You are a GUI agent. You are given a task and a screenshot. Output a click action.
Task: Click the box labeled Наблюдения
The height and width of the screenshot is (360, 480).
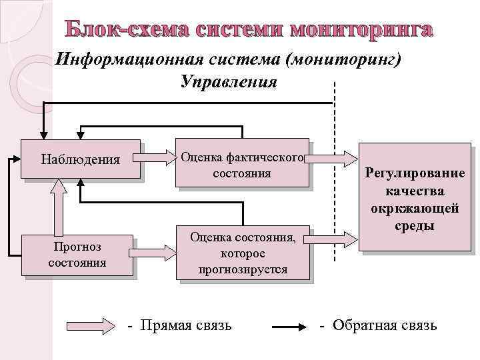coord(81,159)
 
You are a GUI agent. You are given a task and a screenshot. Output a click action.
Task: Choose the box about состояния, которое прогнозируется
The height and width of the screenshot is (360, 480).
coord(243,253)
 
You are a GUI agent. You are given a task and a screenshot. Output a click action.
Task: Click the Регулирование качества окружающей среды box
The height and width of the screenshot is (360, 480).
coord(414,199)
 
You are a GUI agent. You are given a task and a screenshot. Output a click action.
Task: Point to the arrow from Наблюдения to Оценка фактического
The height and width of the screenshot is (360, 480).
coord(158,159)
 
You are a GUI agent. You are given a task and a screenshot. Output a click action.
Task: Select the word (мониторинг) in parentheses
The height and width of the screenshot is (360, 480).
coord(343,60)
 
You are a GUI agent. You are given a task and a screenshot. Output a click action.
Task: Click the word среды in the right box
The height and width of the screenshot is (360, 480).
coord(415,226)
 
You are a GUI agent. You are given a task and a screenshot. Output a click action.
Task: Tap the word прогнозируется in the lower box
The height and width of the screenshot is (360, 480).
coord(243,269)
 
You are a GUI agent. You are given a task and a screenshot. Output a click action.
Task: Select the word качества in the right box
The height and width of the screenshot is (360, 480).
coord(415,191)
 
